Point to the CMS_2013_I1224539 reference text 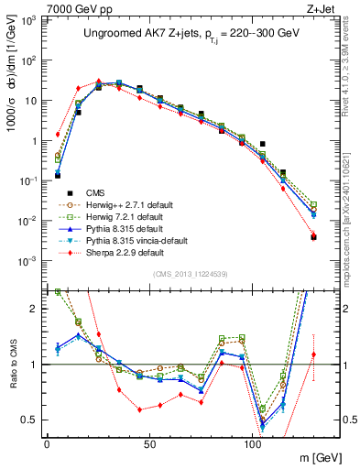193,274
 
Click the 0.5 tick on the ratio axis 31,420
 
